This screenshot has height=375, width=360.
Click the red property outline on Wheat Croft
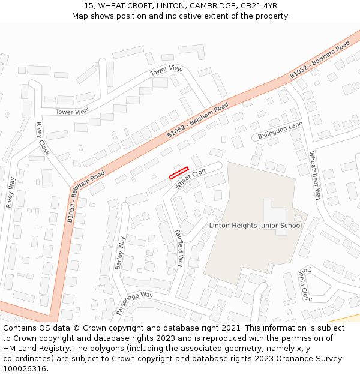pos(179,173)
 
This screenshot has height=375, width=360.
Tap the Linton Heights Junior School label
pos(256,226)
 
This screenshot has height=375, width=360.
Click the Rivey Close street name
pos(43,139)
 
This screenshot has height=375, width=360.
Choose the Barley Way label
pos(121,253)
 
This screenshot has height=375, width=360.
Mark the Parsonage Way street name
pos(135,304)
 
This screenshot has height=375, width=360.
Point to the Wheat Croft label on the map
pos(191,179)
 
